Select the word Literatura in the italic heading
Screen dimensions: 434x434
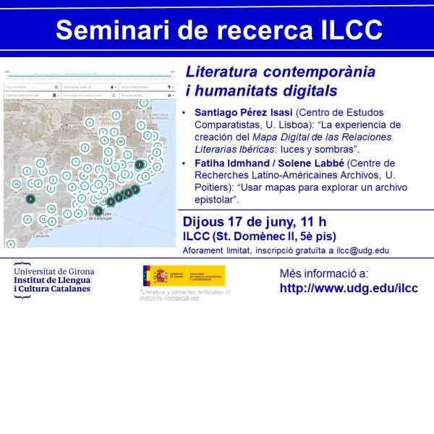(221, 73)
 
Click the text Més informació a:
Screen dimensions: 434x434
(323, 273)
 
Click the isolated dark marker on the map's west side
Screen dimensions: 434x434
(30, 199)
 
